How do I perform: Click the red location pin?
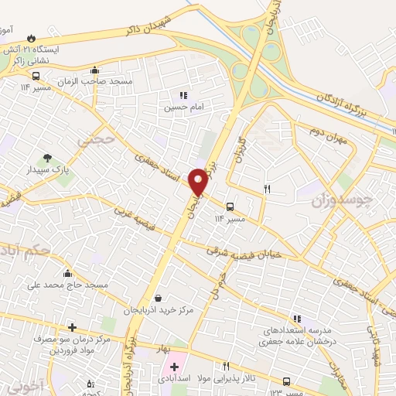199,181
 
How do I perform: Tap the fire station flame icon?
31,37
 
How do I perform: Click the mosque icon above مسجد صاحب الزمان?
94,70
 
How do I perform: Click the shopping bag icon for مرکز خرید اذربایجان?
158,297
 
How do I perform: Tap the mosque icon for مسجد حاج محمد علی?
68,272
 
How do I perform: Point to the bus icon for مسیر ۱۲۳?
287,381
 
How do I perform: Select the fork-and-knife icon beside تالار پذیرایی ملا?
226,367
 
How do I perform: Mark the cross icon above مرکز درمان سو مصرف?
72,328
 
